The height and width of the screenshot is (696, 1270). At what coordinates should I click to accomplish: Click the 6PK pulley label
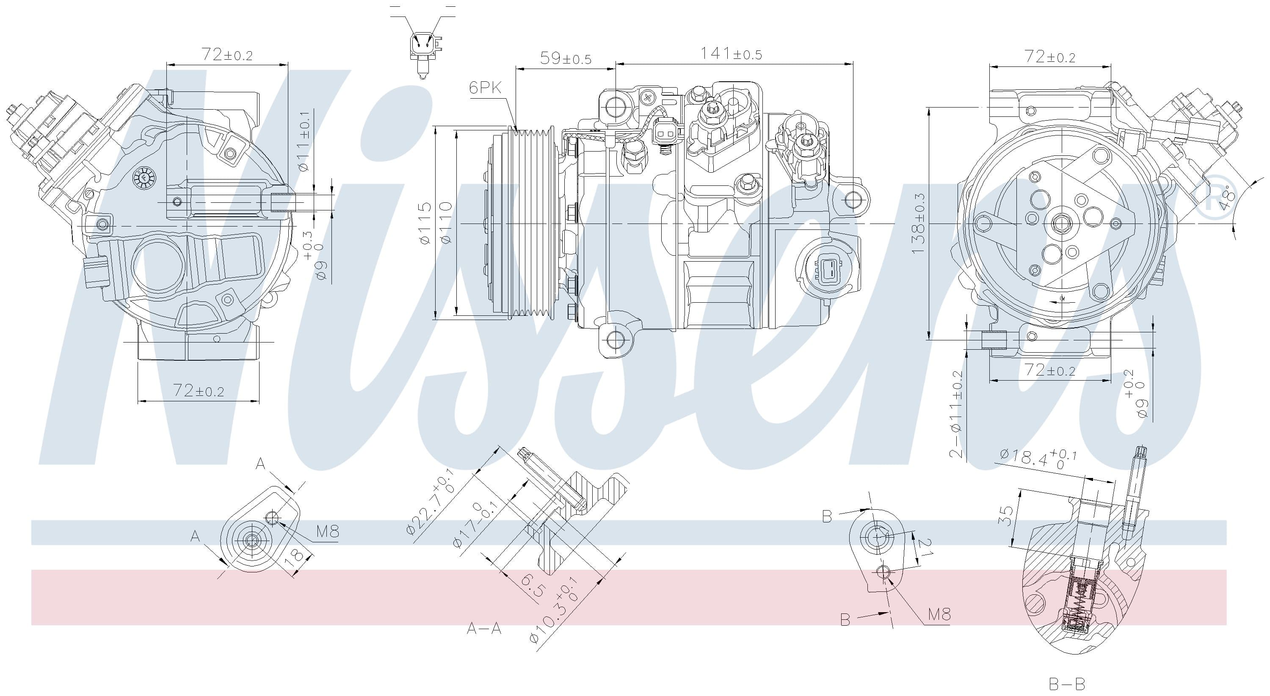pyautogui.click(x=485, y=88)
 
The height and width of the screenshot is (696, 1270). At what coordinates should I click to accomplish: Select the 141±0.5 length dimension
pyautogui.click(x=731, y=54)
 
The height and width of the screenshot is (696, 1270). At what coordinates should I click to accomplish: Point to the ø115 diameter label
pyautogui.click(x=425, y=223)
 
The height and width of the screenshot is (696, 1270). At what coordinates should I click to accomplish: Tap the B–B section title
pyautogui.click(x=1066, y=684)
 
